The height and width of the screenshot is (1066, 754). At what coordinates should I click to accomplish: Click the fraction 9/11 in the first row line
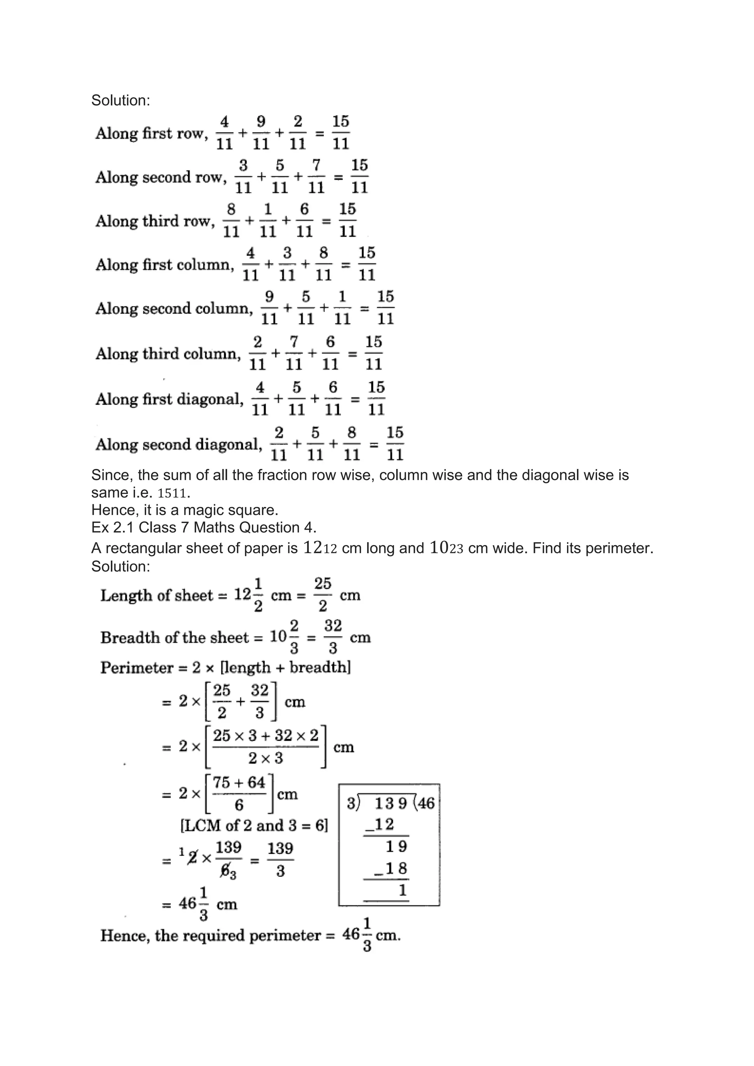261,133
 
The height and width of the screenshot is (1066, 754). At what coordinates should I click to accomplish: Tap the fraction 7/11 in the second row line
316,176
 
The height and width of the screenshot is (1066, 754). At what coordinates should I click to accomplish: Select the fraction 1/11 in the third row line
267,220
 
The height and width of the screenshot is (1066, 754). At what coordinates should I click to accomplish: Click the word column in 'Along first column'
204,265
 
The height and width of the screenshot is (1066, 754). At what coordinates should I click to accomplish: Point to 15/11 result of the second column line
385,307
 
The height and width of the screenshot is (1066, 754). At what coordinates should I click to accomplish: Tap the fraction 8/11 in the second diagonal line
352,444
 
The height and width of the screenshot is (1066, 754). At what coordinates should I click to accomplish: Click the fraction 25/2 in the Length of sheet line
323,595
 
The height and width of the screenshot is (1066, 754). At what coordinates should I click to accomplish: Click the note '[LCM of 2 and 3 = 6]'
254,826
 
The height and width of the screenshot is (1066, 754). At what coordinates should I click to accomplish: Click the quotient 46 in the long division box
426,803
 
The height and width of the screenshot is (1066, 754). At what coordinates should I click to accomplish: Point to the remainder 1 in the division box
402,890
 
